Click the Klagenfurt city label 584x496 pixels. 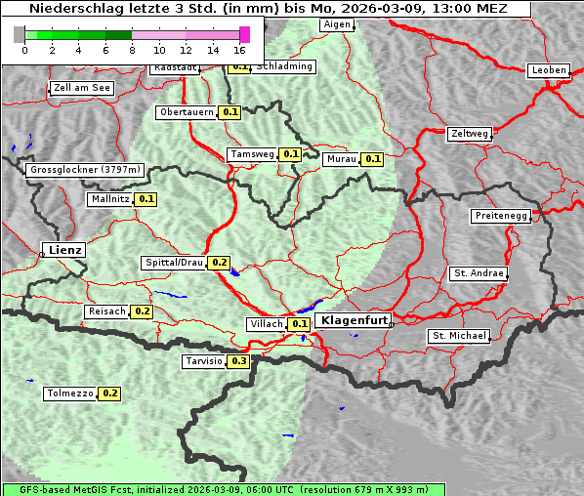355,320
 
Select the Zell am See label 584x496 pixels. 82,88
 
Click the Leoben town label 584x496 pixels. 548,70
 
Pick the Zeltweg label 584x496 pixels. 470,134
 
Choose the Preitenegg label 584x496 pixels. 501,216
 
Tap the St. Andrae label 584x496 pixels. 479,273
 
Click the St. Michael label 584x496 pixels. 459,336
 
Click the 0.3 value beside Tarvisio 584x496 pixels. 239,361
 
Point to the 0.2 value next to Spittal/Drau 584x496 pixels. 220,263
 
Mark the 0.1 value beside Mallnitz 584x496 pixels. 146,199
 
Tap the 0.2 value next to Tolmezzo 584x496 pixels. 109,393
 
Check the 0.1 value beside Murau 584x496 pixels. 372,159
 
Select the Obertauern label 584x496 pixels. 186,112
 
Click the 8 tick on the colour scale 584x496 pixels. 132,49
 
